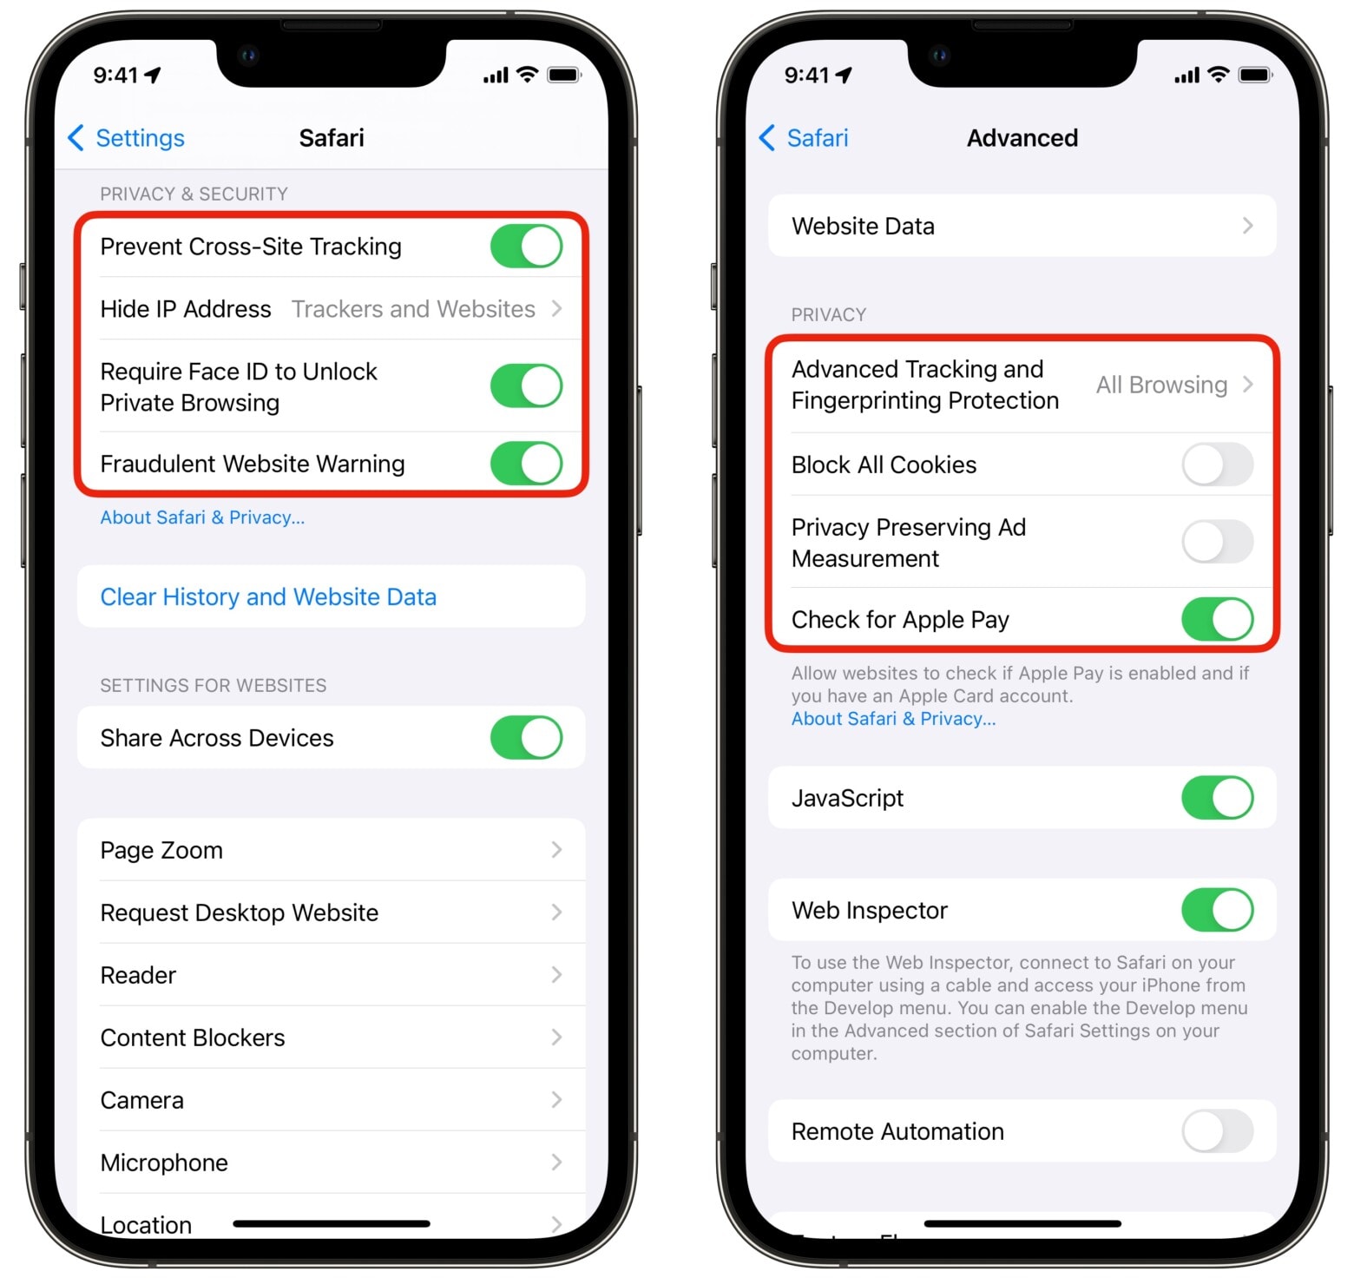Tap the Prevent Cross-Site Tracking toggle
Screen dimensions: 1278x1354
526,247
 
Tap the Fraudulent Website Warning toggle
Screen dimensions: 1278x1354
526,464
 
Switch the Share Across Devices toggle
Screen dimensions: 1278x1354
526,738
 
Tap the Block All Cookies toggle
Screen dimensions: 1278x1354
1217,464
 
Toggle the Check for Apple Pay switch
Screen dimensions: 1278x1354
1217,619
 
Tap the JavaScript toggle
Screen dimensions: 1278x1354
1217,798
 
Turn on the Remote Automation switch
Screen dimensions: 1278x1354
1217,1131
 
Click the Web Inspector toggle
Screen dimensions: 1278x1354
1217,910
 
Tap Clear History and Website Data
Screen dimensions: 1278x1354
268,597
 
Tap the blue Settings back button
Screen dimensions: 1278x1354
127,138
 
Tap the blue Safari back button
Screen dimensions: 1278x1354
804,138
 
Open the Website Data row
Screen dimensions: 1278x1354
1022,227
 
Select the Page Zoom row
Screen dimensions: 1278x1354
331,850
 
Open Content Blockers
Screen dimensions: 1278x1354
331,1038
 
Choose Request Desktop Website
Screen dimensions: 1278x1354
331,912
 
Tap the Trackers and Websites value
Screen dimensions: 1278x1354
413,309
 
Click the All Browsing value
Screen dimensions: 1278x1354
1161,385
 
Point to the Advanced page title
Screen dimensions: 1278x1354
1022,138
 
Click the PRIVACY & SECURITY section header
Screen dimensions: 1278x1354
194,194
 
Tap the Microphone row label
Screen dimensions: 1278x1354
164,1163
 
